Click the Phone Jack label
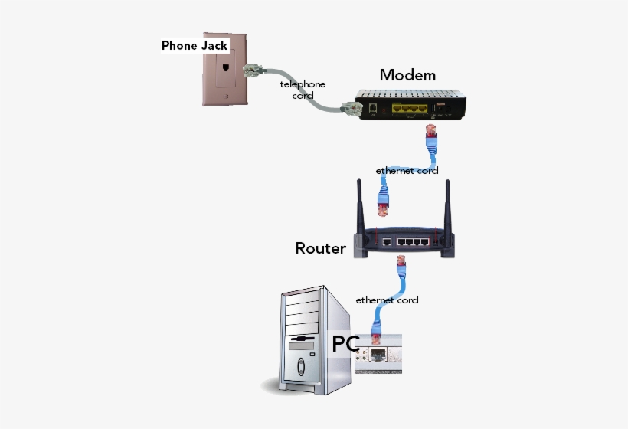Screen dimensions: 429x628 coord(195,45)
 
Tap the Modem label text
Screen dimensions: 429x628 coord(407,75)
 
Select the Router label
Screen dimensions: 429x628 coord(320,248)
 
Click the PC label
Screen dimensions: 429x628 coord(345,344)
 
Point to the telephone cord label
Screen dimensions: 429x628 coord(303,90)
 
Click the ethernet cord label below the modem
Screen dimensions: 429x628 coord(407,170)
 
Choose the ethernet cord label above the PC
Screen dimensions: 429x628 coord(387,300)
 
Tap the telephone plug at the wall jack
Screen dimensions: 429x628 coord(251,72)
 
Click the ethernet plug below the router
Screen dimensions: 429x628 coord(400,269)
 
